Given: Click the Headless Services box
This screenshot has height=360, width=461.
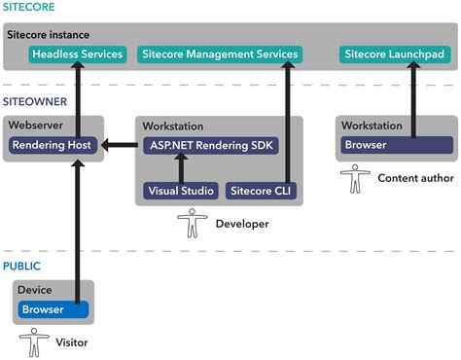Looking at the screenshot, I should (x=78, y=54).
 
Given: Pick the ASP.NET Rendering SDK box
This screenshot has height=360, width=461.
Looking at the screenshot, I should (x=210, y=146).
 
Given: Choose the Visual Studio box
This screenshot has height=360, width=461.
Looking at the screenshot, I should (x=182, y=191).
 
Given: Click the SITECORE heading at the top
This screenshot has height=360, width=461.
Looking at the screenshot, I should (x=28, y=8).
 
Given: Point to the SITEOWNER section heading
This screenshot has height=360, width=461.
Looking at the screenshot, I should (x=35, y=101).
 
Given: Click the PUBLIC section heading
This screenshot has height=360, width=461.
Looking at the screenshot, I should (x=21, y=265).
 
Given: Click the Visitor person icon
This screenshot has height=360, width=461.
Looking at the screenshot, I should (x=35, y=342).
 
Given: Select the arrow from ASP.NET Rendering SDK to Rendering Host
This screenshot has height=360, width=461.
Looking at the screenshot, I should (x=120, y=146).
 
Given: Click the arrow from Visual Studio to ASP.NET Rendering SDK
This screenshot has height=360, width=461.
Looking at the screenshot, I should (x=181, y=169).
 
